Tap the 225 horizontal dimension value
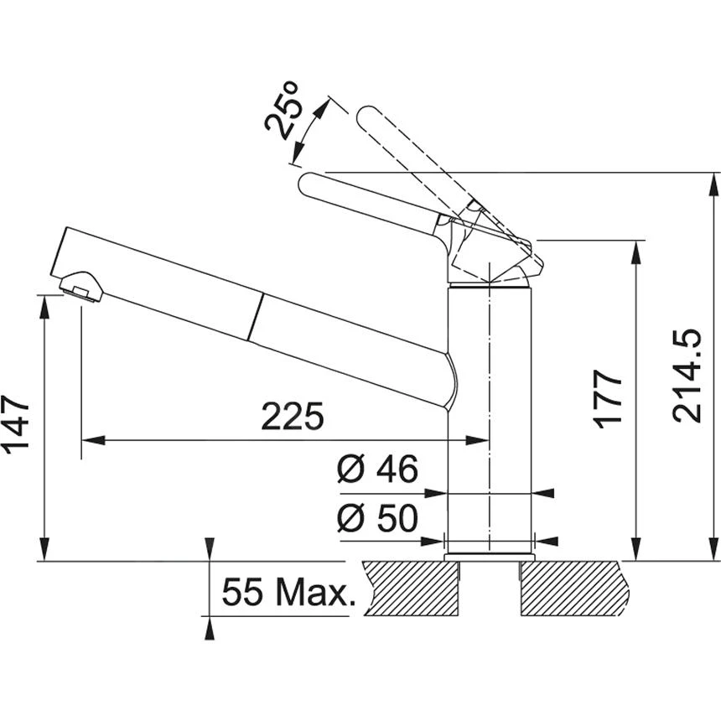click(x=292, y=416)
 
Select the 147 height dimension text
click(x=17, y=425)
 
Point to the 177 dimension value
click(x=610, y=397)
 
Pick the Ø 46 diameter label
click(x=377, y=469)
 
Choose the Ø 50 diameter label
click(x=377, y=519)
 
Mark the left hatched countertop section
click(x=411, y=587)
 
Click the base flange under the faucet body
click(x=490, y=556)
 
